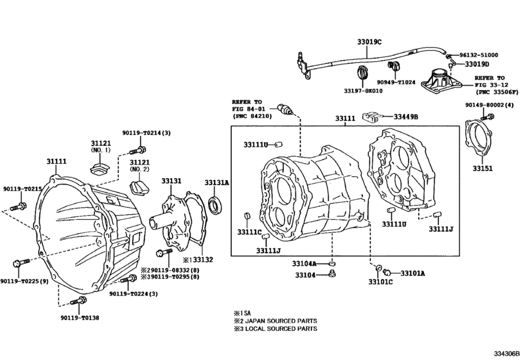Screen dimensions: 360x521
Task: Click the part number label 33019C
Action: (x=369, y=41)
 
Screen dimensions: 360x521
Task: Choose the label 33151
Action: (x=482, y=168)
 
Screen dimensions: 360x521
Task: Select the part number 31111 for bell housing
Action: (x=56, y=161)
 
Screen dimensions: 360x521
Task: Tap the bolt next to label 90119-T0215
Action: (x=18, y=207)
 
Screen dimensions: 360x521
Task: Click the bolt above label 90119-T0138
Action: (x=78, y=301)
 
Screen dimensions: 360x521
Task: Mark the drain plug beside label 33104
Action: (x=332, y=275)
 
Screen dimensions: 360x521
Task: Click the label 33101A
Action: (x=412, y=273)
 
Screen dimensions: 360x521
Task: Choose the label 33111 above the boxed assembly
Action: (x=345, y=119)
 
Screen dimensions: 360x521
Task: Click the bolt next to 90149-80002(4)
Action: (x=491, y=116)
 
